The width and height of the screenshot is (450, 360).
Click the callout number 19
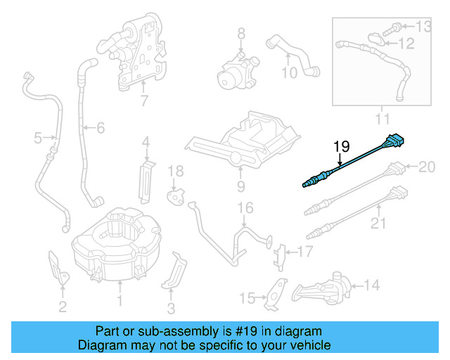click(341, 146)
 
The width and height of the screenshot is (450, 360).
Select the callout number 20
click(427, 167)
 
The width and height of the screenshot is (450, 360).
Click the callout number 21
click(379, 224)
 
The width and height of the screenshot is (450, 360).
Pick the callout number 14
click(372, 285)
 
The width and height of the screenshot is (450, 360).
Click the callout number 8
click(240, 33)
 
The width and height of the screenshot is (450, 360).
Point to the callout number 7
click(144, 101)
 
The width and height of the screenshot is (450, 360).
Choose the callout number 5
click(38, 139)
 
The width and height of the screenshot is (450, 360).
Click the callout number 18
click(175, 171)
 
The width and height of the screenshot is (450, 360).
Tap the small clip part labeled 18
click(174, 193)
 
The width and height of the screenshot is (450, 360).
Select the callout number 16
click(244, 207)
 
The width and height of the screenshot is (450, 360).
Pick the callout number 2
click(63, 306)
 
